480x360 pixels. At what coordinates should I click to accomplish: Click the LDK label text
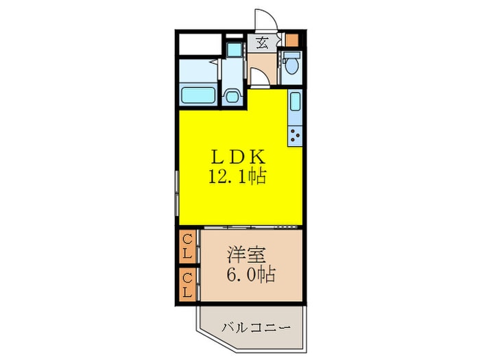click(x=237, y=157)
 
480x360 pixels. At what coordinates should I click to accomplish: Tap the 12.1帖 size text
click(x=237, y=177)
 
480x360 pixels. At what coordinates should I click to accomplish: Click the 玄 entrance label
click(x=263, y=43)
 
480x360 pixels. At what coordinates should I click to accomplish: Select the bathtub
click(x=199, y=96)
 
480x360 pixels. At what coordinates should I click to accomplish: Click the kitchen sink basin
click(x=294, y=103)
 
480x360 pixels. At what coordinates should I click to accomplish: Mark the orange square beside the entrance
click(x=293, y=39)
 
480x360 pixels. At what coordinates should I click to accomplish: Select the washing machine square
click(x=234, y=50)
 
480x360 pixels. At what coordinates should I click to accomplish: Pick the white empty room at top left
click(x=200, y=43)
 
